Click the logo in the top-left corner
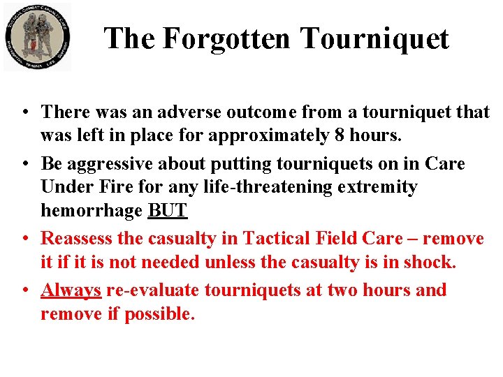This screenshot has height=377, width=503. pos(37,37)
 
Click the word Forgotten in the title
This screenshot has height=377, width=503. pos(226,38)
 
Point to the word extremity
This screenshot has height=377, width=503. pos(379,187)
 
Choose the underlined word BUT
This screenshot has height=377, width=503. pos(168,210)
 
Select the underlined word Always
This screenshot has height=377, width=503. pos(71,290)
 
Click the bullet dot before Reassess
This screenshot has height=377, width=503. pos(24,239)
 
